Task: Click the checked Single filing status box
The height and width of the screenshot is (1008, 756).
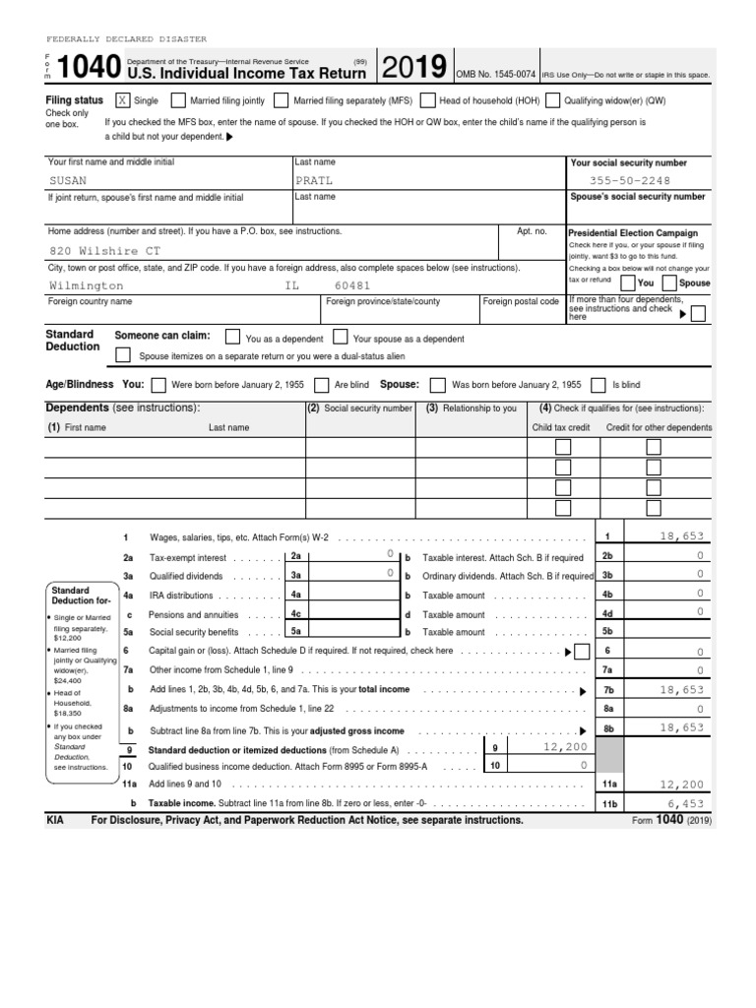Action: coord(122,100)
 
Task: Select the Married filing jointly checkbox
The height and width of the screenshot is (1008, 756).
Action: coord(178,100)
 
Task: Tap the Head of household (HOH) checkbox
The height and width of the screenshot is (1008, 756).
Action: coord(428,100)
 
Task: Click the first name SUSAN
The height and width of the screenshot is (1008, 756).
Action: coord(68,181)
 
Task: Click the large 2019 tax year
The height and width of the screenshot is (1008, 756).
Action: coord(415,68)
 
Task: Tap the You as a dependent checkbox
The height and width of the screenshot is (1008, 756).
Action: coord(232,338)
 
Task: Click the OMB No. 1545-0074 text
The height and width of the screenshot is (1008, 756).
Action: coord(496,74)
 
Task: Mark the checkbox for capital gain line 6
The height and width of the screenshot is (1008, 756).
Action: coord(581,651)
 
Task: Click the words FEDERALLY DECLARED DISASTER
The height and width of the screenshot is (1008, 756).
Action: coord(127,39)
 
